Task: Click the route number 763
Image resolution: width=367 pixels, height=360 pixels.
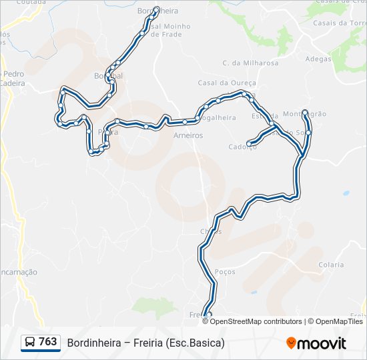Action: point(47,342)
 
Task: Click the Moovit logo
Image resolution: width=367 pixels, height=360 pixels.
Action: point(316,343)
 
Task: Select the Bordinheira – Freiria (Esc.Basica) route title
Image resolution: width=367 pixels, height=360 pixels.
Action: point(145,343)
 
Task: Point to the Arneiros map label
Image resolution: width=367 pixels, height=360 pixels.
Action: point(188,135)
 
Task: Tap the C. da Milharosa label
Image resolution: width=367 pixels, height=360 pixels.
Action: point(242,63)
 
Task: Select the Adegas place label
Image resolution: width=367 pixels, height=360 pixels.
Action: point(318,59)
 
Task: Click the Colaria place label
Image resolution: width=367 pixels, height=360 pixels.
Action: point(331,265)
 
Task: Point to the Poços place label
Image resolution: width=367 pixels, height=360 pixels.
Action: point(226,271)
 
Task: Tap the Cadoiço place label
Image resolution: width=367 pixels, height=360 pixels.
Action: point(242,147)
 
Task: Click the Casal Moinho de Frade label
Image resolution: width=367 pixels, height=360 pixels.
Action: point(171,30)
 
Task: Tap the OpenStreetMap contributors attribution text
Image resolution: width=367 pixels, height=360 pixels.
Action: point(256,321)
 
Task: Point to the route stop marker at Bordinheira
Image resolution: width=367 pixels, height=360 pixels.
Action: point(156,9)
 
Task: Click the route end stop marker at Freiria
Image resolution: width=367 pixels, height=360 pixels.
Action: point(209,315)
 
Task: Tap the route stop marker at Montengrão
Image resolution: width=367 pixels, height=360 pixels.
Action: point(304,112)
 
